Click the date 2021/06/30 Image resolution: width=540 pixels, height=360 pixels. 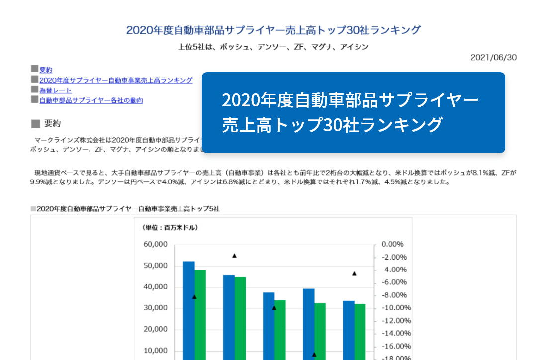(493, 58)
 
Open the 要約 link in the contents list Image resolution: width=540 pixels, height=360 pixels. (46, 70)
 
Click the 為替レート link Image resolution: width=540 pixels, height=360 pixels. (55, 90)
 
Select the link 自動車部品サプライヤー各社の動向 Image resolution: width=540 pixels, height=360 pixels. (91, 101)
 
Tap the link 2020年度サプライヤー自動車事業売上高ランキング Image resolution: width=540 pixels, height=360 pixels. (116, 80)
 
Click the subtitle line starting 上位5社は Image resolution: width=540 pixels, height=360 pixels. (273, 47)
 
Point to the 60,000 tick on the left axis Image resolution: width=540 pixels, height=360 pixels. (155, 245)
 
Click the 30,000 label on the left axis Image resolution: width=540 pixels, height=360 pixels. (155, 308)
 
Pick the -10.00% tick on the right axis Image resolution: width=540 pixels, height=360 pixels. (394, 308)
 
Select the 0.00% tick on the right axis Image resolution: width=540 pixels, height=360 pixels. (392, 245)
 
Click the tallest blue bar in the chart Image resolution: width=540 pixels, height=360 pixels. (189, 308)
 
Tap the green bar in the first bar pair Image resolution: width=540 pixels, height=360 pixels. (200, 313)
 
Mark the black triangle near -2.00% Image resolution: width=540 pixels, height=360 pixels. (234, 256)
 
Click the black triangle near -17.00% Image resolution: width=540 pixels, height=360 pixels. (314, 354)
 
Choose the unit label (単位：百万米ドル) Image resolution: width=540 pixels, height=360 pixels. (170, 228)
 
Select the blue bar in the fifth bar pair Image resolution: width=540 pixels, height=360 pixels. (348, 328)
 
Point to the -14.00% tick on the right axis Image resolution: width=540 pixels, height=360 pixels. (394, 334)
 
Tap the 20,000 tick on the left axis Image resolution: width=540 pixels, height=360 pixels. (155, 329)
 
